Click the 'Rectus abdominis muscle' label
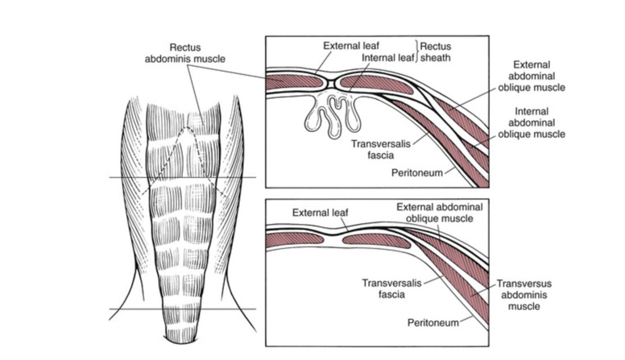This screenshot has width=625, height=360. [191, 52]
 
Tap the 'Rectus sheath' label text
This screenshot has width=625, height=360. [437, 52]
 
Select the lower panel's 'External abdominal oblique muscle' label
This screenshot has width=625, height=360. [440, 213]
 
